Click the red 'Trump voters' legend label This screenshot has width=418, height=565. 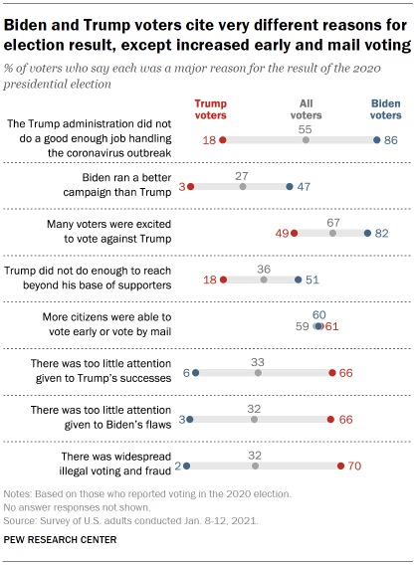tap(210, 108)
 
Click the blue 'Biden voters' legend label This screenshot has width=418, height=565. tap(387, 108)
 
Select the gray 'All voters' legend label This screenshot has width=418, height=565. tap(306, 108)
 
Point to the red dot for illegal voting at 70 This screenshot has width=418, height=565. tap(340, 465)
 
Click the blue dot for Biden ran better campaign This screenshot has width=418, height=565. tap(289, 186)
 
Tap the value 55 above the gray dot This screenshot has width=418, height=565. tap(306, 129)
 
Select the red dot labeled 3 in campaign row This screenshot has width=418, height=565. tap(189, 186)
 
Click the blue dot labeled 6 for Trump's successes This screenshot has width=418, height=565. tap(196, 373)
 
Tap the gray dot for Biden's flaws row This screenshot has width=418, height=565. tap(255, 419)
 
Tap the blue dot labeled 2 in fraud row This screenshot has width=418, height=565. tap(186, 465)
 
